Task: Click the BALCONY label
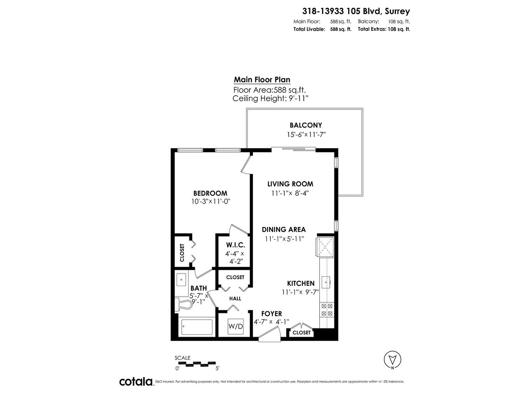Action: [306, 125]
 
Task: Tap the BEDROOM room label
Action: [210, 193]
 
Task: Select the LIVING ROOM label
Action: [290, 184]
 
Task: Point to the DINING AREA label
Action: [284, 230]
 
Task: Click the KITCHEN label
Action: [301, 283]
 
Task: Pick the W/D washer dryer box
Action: [236, 326]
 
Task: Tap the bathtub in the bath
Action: [197, 327]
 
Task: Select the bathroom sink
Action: [181, 279]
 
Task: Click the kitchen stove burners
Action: [326, 309]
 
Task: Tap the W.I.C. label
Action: [235, 245]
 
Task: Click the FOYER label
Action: [272, 314]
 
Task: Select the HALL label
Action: [235, 299]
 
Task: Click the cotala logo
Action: [136, 381]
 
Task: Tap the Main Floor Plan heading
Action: [262, 80]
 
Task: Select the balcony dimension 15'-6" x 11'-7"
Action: [306, 135]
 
